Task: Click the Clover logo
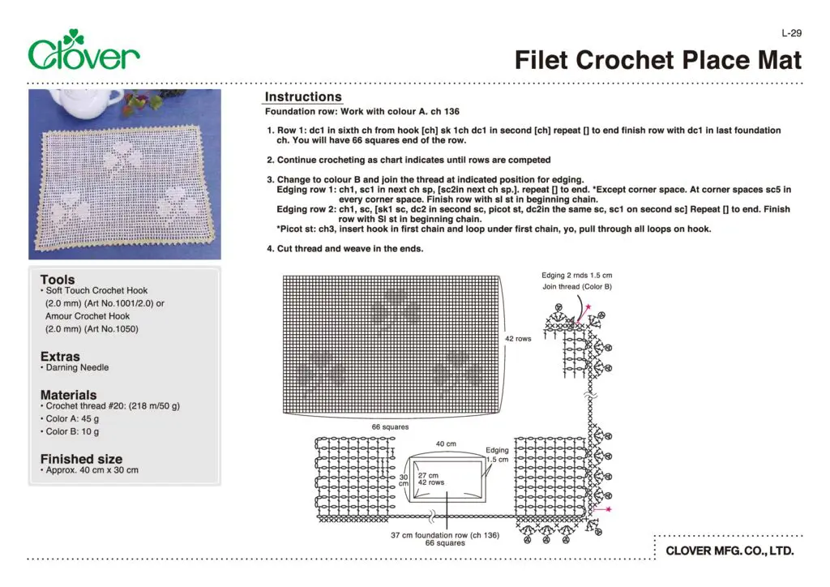[x=83, y=51]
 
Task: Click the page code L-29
[x=791, y=33]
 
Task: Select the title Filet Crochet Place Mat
[x=658, y=60]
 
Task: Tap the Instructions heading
[x=303, y=97]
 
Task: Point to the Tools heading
[x=58, y=279]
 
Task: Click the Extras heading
[x=60, y=356]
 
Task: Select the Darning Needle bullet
[x=76, y=367]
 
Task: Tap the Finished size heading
[x=81, y=458]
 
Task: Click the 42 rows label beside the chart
[x=518, y=339]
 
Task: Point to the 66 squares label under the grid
[x=390, y=426]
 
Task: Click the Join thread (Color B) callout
[x=577, y=287]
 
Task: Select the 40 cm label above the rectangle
[x=446, y=444]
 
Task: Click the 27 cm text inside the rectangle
[x=427, y=475]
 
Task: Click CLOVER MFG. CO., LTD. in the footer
[x=729, y=552]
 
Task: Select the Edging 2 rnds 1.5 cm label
[x=578, y=276]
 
